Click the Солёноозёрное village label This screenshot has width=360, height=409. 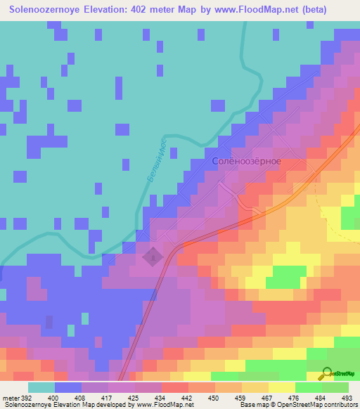click(x=246, y=161)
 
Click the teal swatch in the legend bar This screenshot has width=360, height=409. click(x=41, y=387)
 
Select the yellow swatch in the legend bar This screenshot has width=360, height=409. click(x=281, y=387)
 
